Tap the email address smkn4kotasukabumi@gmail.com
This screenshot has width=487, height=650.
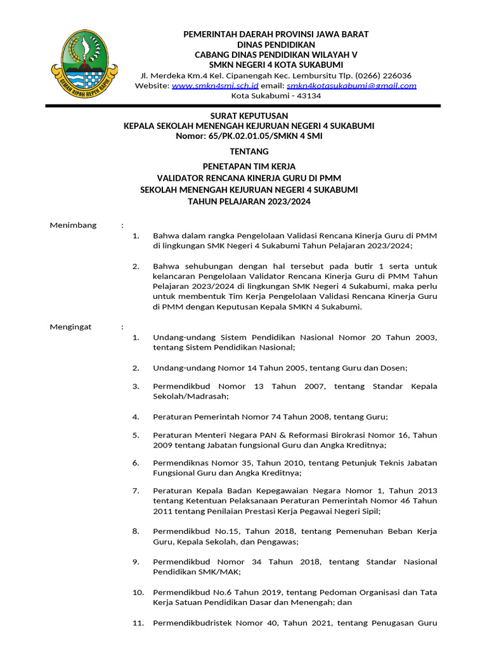click(351, 86)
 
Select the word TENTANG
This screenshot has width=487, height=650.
click(249, 151)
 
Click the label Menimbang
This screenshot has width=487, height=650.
click(73, 225)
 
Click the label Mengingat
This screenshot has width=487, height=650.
click(70, 326)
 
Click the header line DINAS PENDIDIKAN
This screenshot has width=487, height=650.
click(276, 44)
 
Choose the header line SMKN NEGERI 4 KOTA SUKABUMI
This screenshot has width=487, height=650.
click(276, 65)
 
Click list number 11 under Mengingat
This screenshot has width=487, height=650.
click(138, 623)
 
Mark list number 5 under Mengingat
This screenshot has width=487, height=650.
click(136, 435)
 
